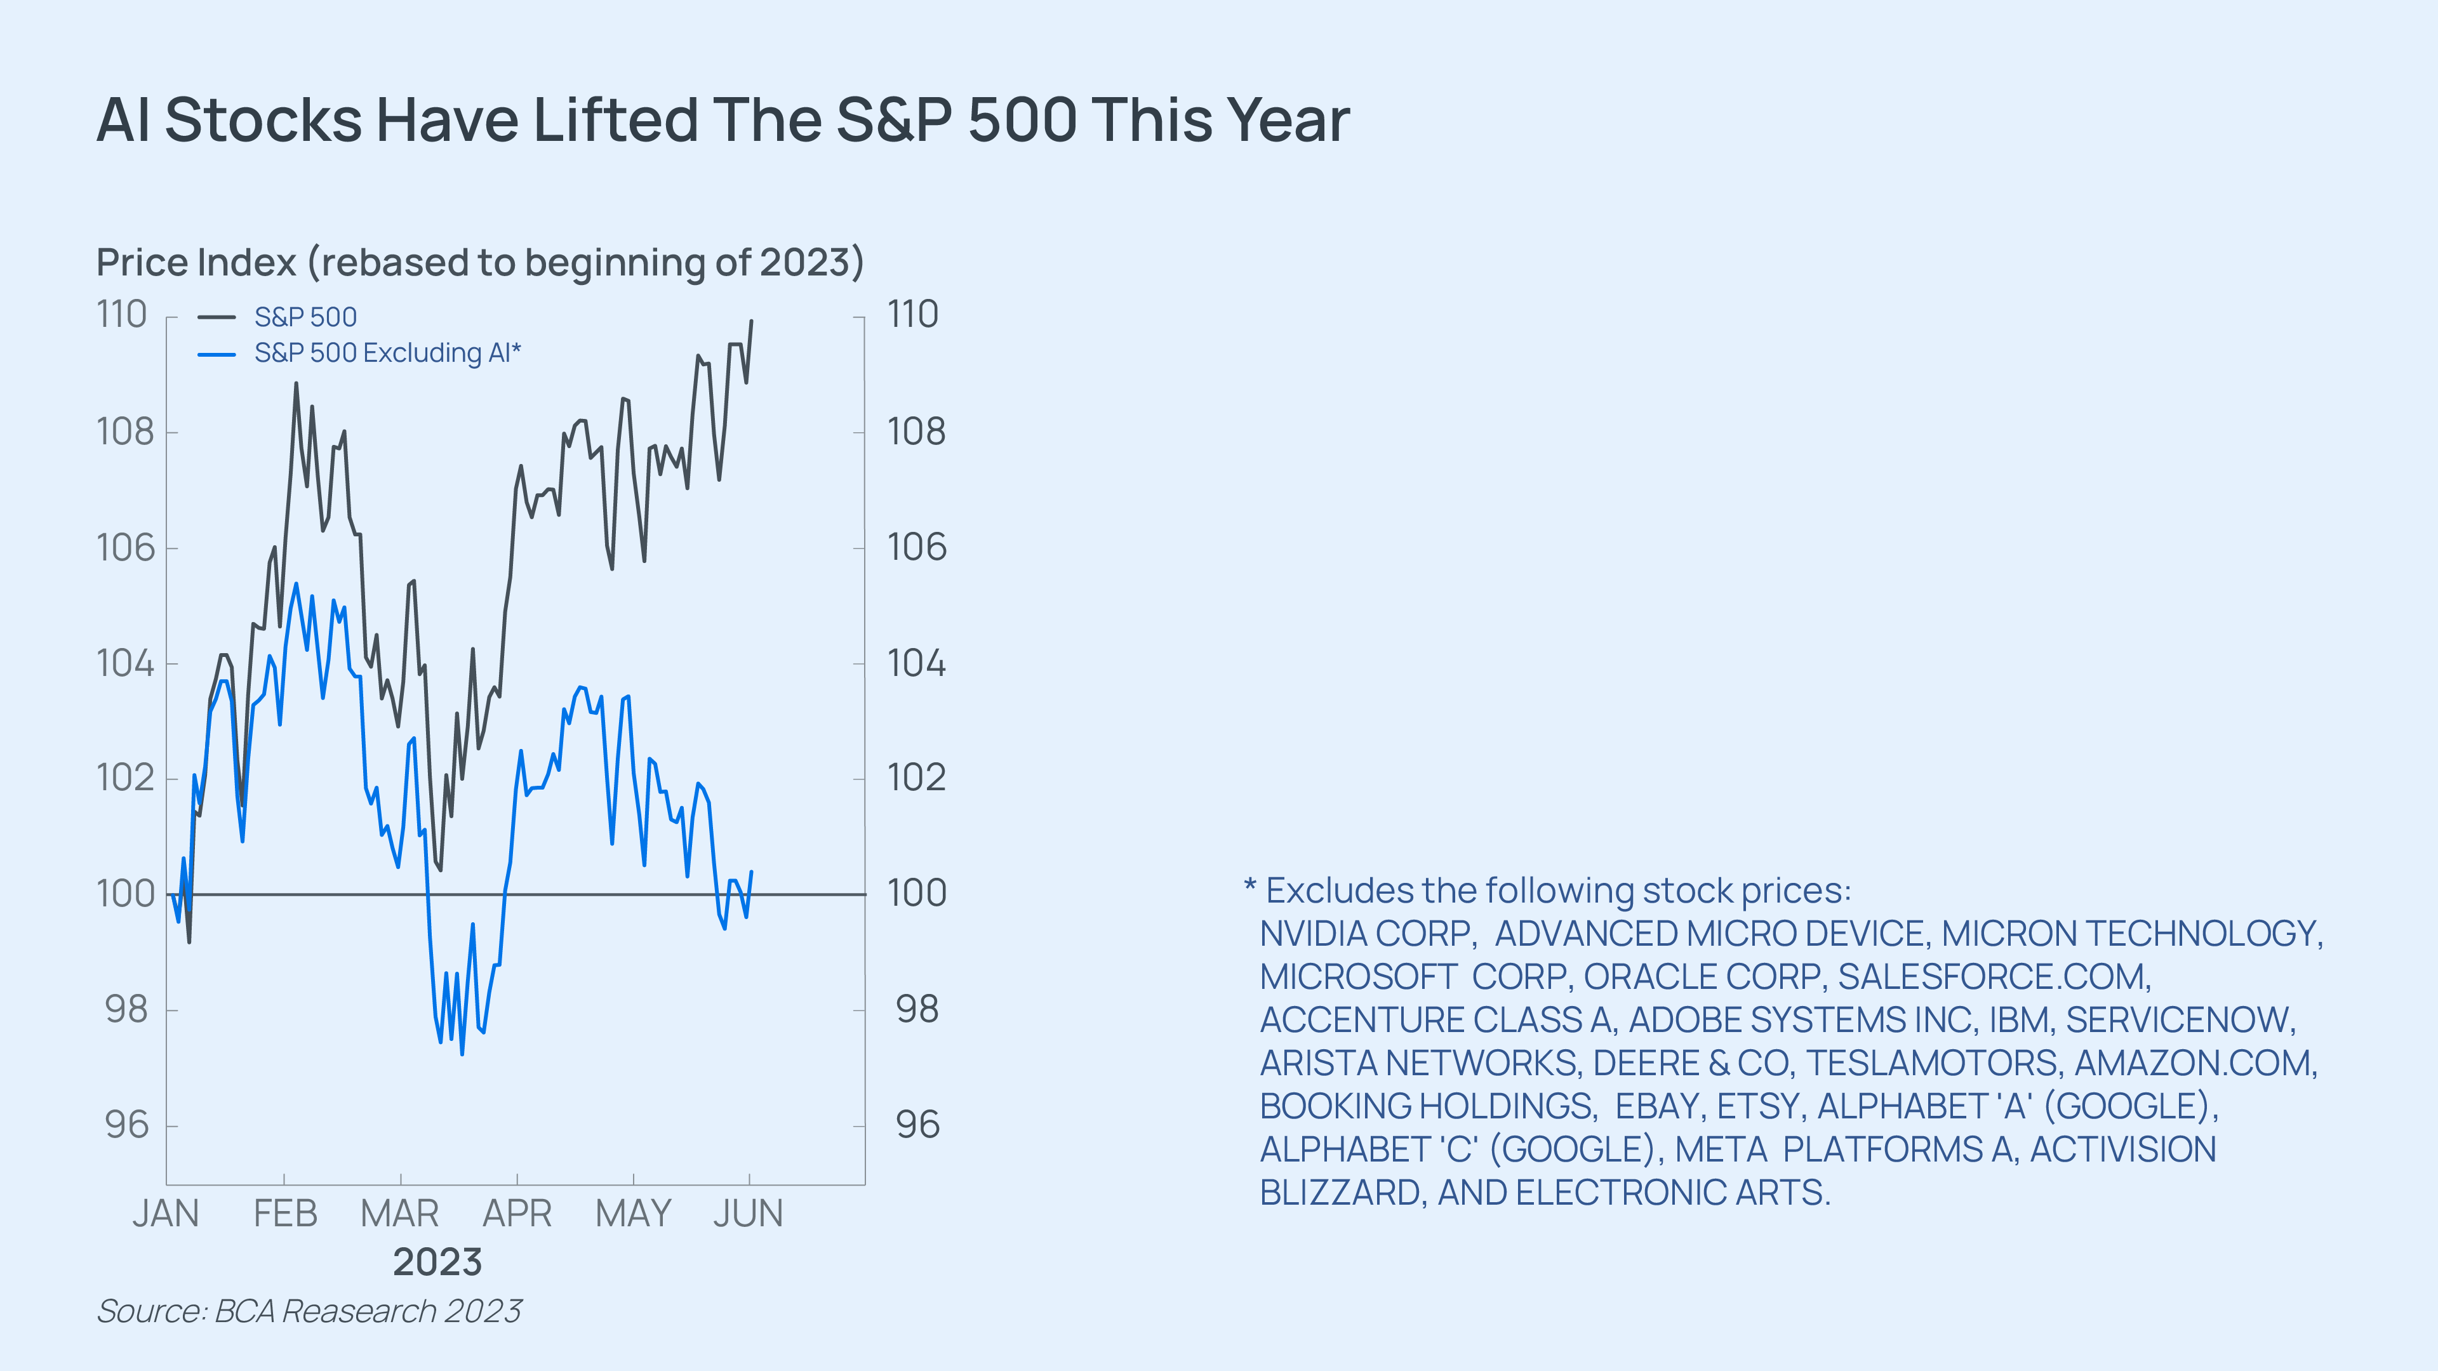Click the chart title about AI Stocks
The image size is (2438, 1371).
[723, 120]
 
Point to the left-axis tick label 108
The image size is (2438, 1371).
[125, 432]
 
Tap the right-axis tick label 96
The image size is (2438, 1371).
[917, 1125]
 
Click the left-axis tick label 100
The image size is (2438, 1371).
[125, 893]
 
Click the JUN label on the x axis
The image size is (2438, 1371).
[748, 1213]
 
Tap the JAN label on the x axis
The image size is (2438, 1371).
[166, 1213]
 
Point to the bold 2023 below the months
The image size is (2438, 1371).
[437, 1262]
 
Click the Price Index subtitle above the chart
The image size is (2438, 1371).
[480, 262]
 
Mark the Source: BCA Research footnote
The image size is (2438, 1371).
[309, 1311]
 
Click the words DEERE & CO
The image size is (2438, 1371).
[1691, 1064]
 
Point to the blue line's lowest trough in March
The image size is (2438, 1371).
[462, 1053]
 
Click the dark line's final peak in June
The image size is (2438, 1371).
[752, 321]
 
